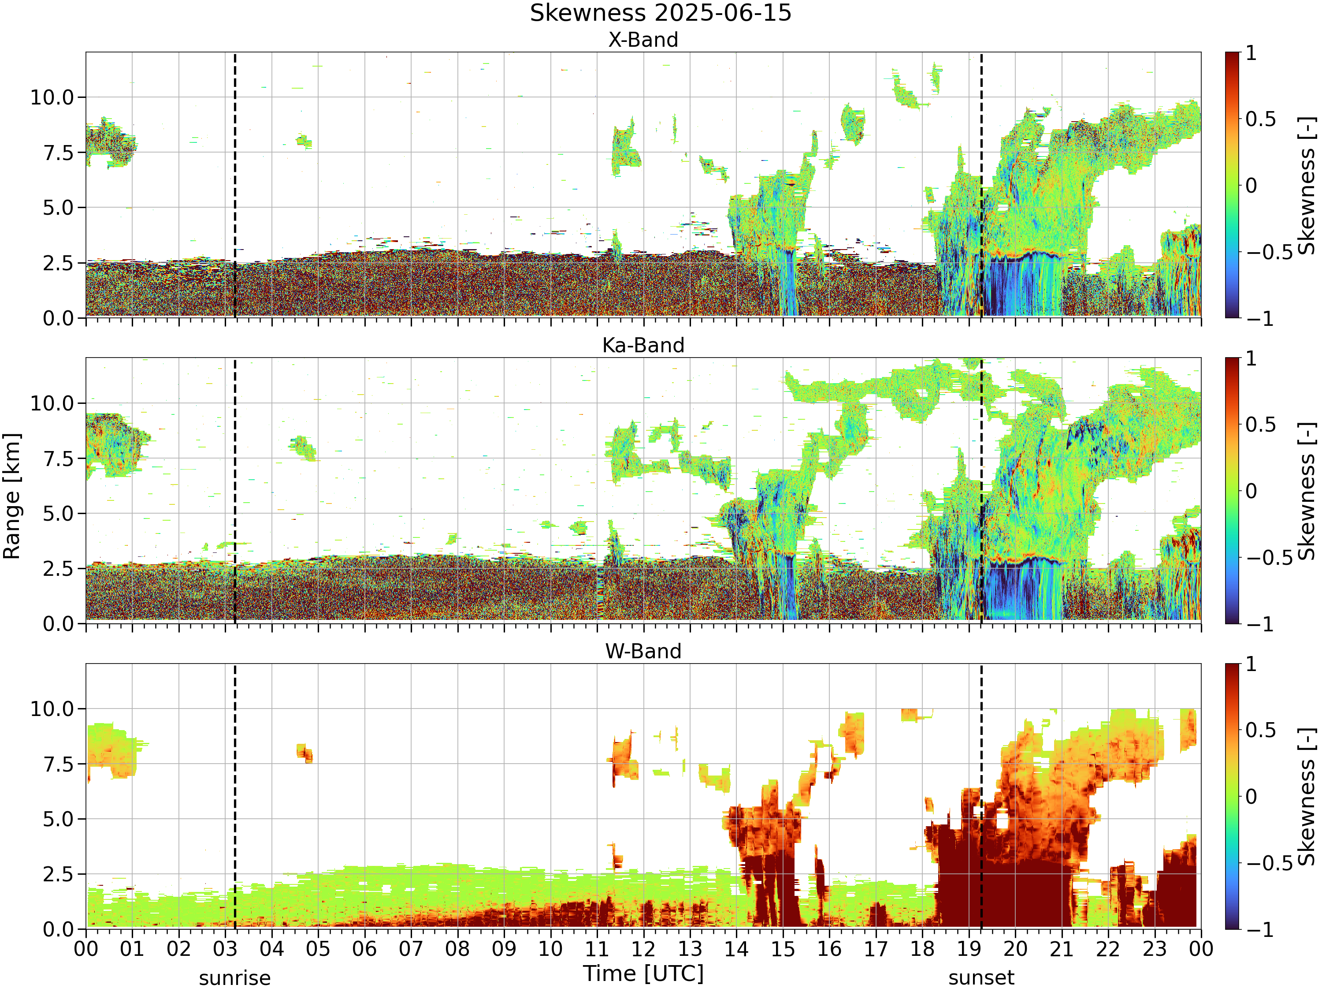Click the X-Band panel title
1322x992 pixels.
643,40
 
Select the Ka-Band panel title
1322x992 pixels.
643,346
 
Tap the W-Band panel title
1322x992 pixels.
643,651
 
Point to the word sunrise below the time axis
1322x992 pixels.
235,978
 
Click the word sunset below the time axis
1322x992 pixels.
981,978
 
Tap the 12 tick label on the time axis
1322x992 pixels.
644,949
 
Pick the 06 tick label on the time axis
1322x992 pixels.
364,949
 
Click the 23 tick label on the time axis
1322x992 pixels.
1155,949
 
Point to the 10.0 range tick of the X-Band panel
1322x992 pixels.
52,97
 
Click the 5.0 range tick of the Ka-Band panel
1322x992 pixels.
59,514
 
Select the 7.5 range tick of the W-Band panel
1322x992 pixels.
59,764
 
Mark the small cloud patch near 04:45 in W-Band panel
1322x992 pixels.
305,753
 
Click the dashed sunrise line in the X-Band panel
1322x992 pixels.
235,185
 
